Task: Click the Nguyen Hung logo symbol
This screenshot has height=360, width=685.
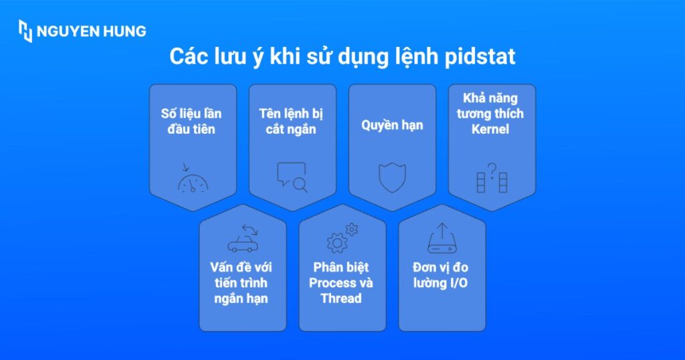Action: (25, 31)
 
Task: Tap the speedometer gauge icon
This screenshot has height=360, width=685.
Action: (193, 181)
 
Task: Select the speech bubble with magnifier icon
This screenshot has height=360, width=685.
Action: (292, 177)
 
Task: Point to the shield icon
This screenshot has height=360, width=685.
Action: (392, 177)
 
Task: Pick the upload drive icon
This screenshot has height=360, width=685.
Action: (442, 239)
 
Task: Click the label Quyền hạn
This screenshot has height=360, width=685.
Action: (392, 125)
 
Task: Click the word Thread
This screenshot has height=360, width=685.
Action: (341, 298)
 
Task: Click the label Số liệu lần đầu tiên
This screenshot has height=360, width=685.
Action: (192, 121)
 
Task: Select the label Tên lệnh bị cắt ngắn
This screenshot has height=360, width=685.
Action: (292, 121)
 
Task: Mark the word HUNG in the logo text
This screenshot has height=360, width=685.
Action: (122, 31)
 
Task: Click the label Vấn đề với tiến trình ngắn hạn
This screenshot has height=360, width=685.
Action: (242, 283)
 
